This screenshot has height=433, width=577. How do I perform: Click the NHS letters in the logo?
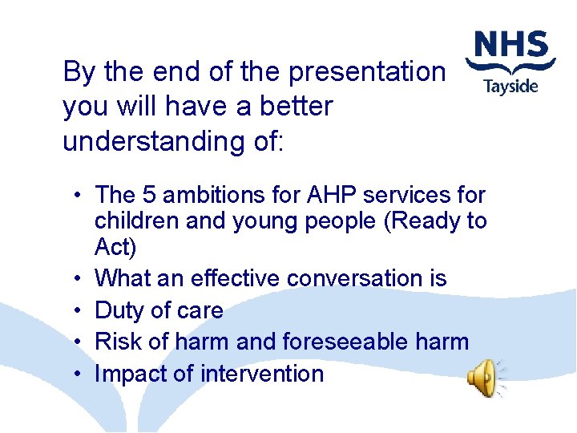click(x=510, y=45)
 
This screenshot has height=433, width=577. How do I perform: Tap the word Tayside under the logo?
click(x=510, y=86)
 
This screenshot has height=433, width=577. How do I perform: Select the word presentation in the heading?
click(x=366, y=72)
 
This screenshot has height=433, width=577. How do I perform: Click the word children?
click(x=132, y=221)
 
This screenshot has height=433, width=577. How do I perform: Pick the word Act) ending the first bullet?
click(x=115, y=245)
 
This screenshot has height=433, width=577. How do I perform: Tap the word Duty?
click(x=120, y=310)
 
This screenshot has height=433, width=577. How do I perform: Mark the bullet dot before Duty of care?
click(x=74, y=310)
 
